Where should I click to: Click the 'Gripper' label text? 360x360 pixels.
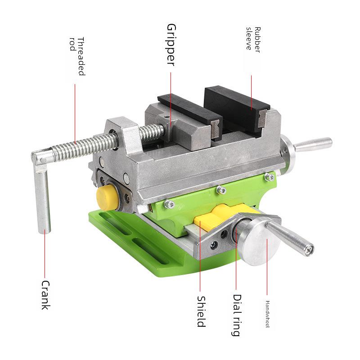(171, 45)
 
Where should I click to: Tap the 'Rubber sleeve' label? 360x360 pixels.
(253, 40)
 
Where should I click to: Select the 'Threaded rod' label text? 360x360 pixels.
(77, 56)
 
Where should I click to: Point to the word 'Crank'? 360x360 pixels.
(45, 295)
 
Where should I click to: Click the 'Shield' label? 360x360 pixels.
(201, 311)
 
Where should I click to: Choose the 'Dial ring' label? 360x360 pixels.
(237, 315)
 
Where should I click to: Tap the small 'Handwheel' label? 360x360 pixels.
(267, 314)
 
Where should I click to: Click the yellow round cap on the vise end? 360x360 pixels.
(108, 198)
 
